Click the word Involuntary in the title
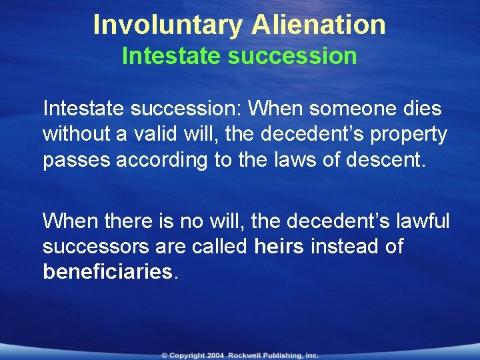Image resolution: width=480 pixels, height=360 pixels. pyautogui.click(x=169, y=25)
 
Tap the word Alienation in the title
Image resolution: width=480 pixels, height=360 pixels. pyautogui.click(x=318, y=25)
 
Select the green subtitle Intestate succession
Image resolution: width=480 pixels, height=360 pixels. pyautogui.click(x=239, y=56)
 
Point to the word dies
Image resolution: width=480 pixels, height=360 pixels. pyautogui.click(x=423, y=108)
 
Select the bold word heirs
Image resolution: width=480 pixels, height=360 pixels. pyautogui.click(x=279, y=247)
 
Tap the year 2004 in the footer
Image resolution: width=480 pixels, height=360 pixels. pyautogui.click(x=216, y=355)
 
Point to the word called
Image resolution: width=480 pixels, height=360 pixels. pyautogui.click(x=218, y=247)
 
